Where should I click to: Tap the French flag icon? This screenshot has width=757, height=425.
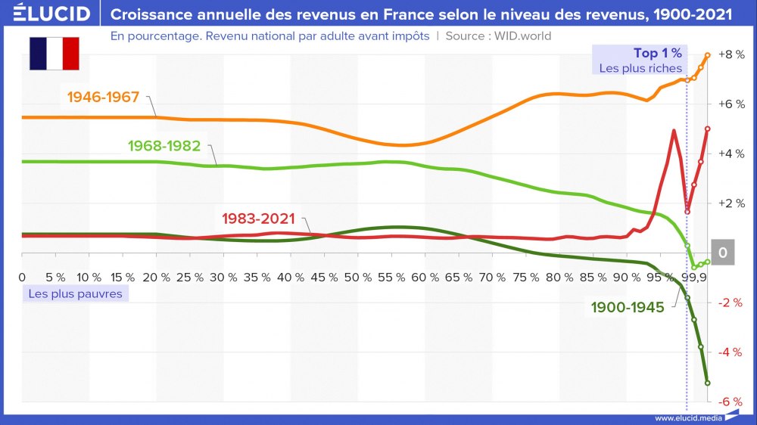(54, 53)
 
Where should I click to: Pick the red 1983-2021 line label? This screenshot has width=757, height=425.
(258, 219)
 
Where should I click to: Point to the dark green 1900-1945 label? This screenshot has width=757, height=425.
(628, 307)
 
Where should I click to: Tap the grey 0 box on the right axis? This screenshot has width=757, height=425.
(722, 253)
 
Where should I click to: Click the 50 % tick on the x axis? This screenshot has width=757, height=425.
(355, 277)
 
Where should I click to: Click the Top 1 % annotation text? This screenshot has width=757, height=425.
(657, 53)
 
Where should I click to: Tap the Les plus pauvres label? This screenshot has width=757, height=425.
(75, 293)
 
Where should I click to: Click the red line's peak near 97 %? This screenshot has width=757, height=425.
(673, 131)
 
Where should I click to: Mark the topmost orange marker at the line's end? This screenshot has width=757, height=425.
(707, 54)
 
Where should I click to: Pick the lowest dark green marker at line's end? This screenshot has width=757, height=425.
(707, 383)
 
